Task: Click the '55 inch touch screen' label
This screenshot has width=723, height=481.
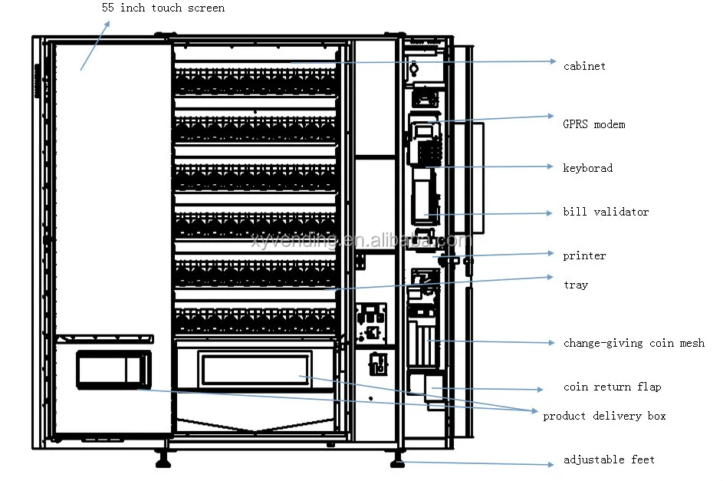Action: (163, 8)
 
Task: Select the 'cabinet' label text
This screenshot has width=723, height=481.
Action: (584, 67)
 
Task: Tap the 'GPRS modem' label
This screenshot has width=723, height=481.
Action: (593, 124)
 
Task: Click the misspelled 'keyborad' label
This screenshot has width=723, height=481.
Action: (587, 168)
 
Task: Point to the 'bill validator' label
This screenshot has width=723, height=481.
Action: (605, 212)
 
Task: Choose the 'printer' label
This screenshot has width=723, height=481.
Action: (584, 255)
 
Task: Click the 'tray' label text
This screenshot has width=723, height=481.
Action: (575, 285)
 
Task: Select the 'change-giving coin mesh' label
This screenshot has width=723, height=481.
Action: (633, 343)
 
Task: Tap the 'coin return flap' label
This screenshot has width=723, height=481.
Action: (612, 387)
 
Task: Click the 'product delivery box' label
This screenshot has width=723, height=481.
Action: (604, 416)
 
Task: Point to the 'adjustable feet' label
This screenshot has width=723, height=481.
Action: (609, 460)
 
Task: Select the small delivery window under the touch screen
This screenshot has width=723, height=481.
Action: (113, 367)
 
